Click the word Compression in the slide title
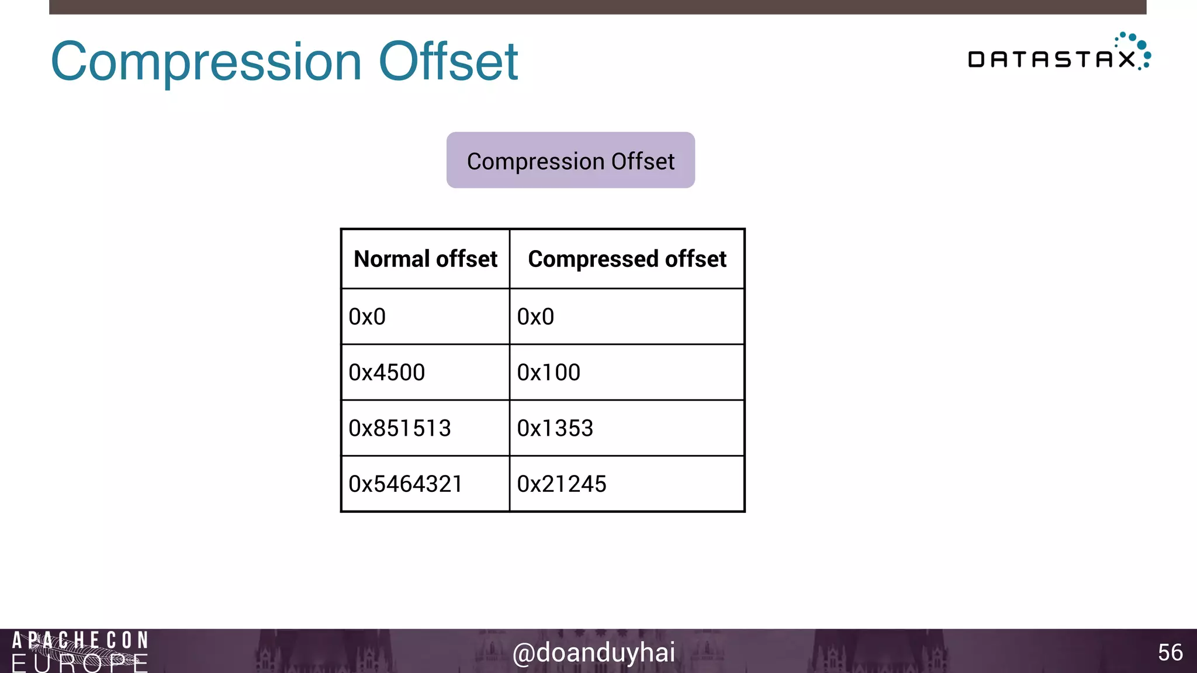point(206,62)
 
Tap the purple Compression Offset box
point(570,160)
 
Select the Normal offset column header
point(425,259)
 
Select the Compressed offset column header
point(627,259)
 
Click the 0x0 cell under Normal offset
point(367,317)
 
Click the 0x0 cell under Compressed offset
point(535,317)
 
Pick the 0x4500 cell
point(386,372)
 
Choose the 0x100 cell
point(548,372)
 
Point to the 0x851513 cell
point(400,428)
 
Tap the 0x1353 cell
point(555,428)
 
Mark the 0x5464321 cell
point(406,484)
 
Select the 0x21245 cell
point(562,484)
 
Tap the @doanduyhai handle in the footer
point(594,653)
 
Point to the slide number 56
point(1170,653)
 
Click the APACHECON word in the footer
point(80,640)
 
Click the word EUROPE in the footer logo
point(80,664)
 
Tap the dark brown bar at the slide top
point(597,7)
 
